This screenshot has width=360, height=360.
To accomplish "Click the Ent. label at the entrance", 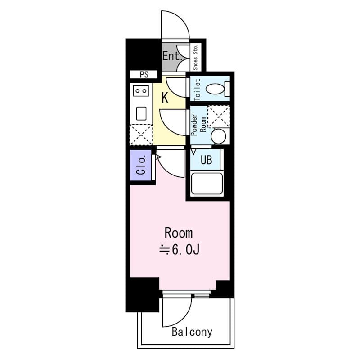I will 171,57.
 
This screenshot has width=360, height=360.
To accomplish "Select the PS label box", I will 144,75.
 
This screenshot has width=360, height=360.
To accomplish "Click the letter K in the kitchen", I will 165,98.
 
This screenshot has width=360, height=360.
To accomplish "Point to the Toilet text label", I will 197,89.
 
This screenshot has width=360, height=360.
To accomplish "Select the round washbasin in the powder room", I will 219,136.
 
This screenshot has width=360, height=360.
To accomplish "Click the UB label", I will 206,160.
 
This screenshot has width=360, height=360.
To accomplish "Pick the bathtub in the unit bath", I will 207,184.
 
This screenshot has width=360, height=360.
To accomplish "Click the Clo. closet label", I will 141,166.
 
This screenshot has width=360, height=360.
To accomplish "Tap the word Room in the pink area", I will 178,233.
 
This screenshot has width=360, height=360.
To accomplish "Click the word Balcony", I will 192,333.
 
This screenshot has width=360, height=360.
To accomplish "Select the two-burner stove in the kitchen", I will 141,91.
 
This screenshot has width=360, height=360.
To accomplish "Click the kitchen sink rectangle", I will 141,113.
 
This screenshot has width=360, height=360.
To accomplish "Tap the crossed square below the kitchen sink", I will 141,134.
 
